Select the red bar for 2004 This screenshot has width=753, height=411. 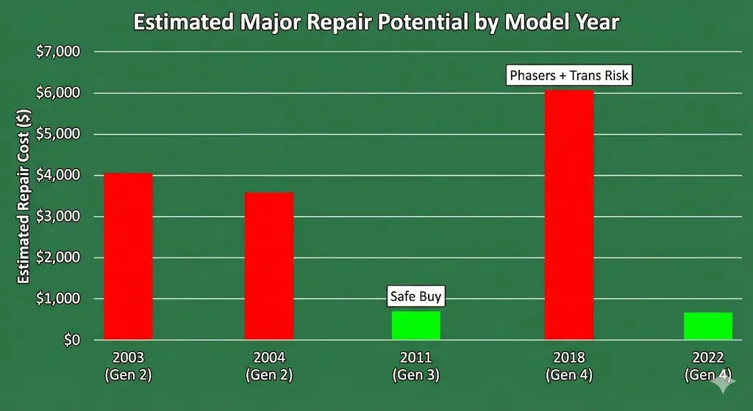pyautogui.click(x=269, y=265)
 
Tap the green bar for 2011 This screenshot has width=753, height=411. pyautogui.click(x=416, y=325)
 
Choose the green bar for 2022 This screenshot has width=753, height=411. pyautogui.click(x=708, y=326)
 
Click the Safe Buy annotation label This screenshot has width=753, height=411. pyautogui.click(x=416, y=297)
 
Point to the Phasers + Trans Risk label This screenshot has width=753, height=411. pyautogui.click(x=569, y=75)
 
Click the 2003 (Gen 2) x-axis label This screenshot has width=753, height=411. pyautogui.click(x=128, y=366)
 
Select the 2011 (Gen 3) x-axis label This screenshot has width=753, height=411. pyautogui.click(x=416, y=366)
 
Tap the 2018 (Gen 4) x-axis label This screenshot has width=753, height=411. pyautogui.click(x=568, y=366)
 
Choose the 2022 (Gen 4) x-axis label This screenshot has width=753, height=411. pyautogui.click(x=708, y=366)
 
